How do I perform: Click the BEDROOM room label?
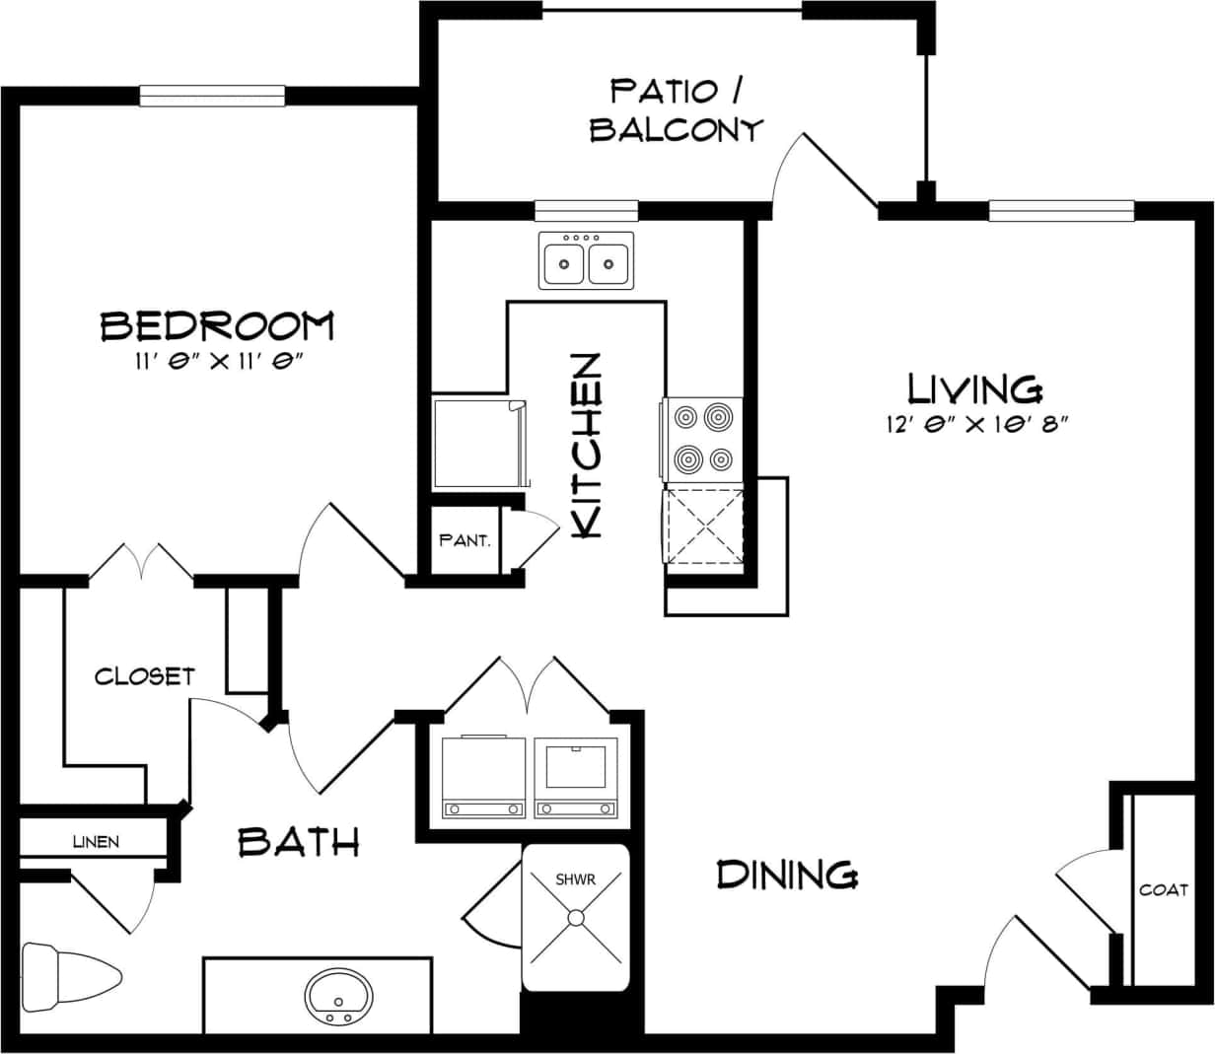217,325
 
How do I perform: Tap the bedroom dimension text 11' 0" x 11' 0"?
217,362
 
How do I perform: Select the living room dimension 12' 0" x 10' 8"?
977,425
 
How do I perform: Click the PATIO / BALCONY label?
677,110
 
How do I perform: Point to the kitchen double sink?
586,261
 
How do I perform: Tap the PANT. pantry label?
465,540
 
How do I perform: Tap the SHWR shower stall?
575,917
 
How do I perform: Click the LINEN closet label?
96,841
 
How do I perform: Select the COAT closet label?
1164,889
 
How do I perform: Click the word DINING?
787,874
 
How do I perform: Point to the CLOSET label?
144,676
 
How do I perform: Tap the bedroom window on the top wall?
212,96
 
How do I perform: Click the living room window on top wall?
1061,210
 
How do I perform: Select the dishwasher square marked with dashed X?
704,527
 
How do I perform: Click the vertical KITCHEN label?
586,446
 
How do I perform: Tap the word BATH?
299,842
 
